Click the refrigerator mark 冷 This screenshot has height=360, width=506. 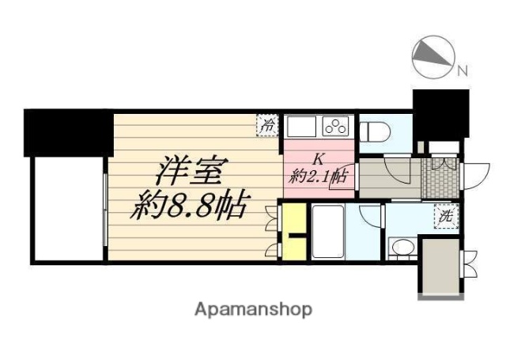(x=269, y=124)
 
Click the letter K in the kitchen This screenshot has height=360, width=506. (x=320, y=157)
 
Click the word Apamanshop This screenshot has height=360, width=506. (x=254, y=309)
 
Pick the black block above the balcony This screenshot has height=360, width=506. (x=67, y=131)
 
